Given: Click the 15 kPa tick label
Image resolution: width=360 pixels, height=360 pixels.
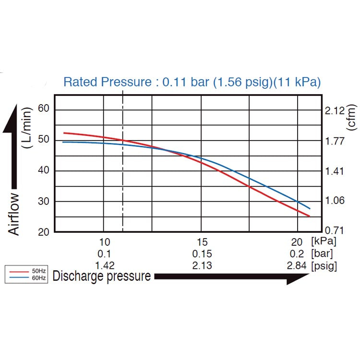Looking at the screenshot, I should (x=202, y=242).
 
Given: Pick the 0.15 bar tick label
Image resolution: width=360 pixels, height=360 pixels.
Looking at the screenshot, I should (x=202, y=254).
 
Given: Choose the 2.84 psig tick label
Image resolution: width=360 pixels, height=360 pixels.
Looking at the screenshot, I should (x=297, y=265).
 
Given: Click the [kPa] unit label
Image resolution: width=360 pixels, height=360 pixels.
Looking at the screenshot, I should (x=324, y=242).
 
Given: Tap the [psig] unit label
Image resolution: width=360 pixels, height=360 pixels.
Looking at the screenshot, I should (x=324, y=265).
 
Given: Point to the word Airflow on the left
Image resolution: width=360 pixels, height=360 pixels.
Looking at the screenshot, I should (x=14, y=214).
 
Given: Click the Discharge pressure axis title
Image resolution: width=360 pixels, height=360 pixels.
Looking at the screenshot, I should (x=102, y=276).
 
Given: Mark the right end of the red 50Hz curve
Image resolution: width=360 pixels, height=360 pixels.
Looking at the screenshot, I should (x=310, y=216).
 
